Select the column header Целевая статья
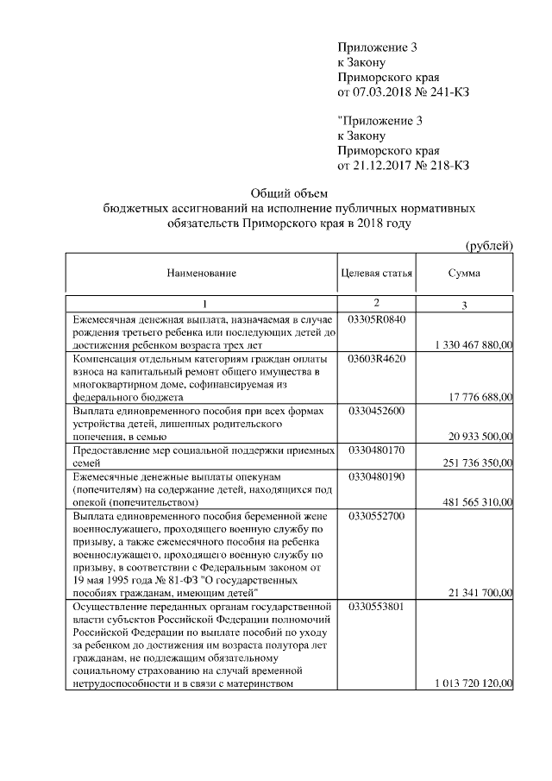click(377, 274)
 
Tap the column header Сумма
click(464, 274)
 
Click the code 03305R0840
click(376, 319)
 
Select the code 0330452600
click(376, 411)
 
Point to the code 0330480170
click(376, 450)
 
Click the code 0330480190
click(376, 476)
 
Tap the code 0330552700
click(376, 516)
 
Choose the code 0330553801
click(376, 608)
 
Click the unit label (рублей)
click(489, 245)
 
